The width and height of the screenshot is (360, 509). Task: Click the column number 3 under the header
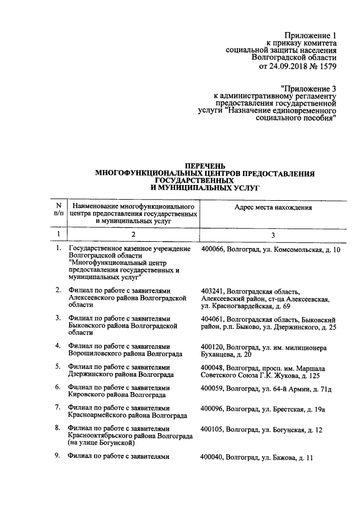pos(273,234)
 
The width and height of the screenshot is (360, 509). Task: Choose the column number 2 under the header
pos(133,234)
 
